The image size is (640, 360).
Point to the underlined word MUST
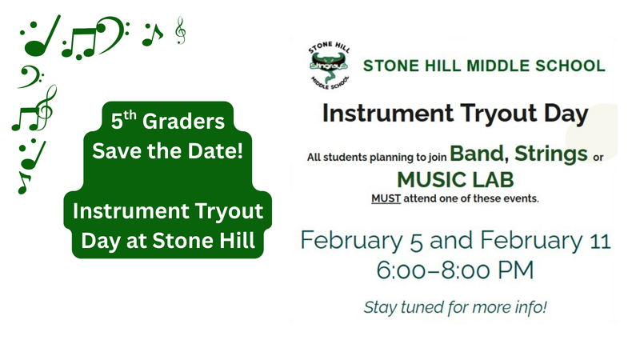(x=383, y=197)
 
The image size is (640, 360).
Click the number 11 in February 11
(x=599, y=240)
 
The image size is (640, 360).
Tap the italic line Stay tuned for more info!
(x=454, y=307)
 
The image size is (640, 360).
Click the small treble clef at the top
(x=181, y=32)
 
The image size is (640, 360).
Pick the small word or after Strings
(x=597, y=157)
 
